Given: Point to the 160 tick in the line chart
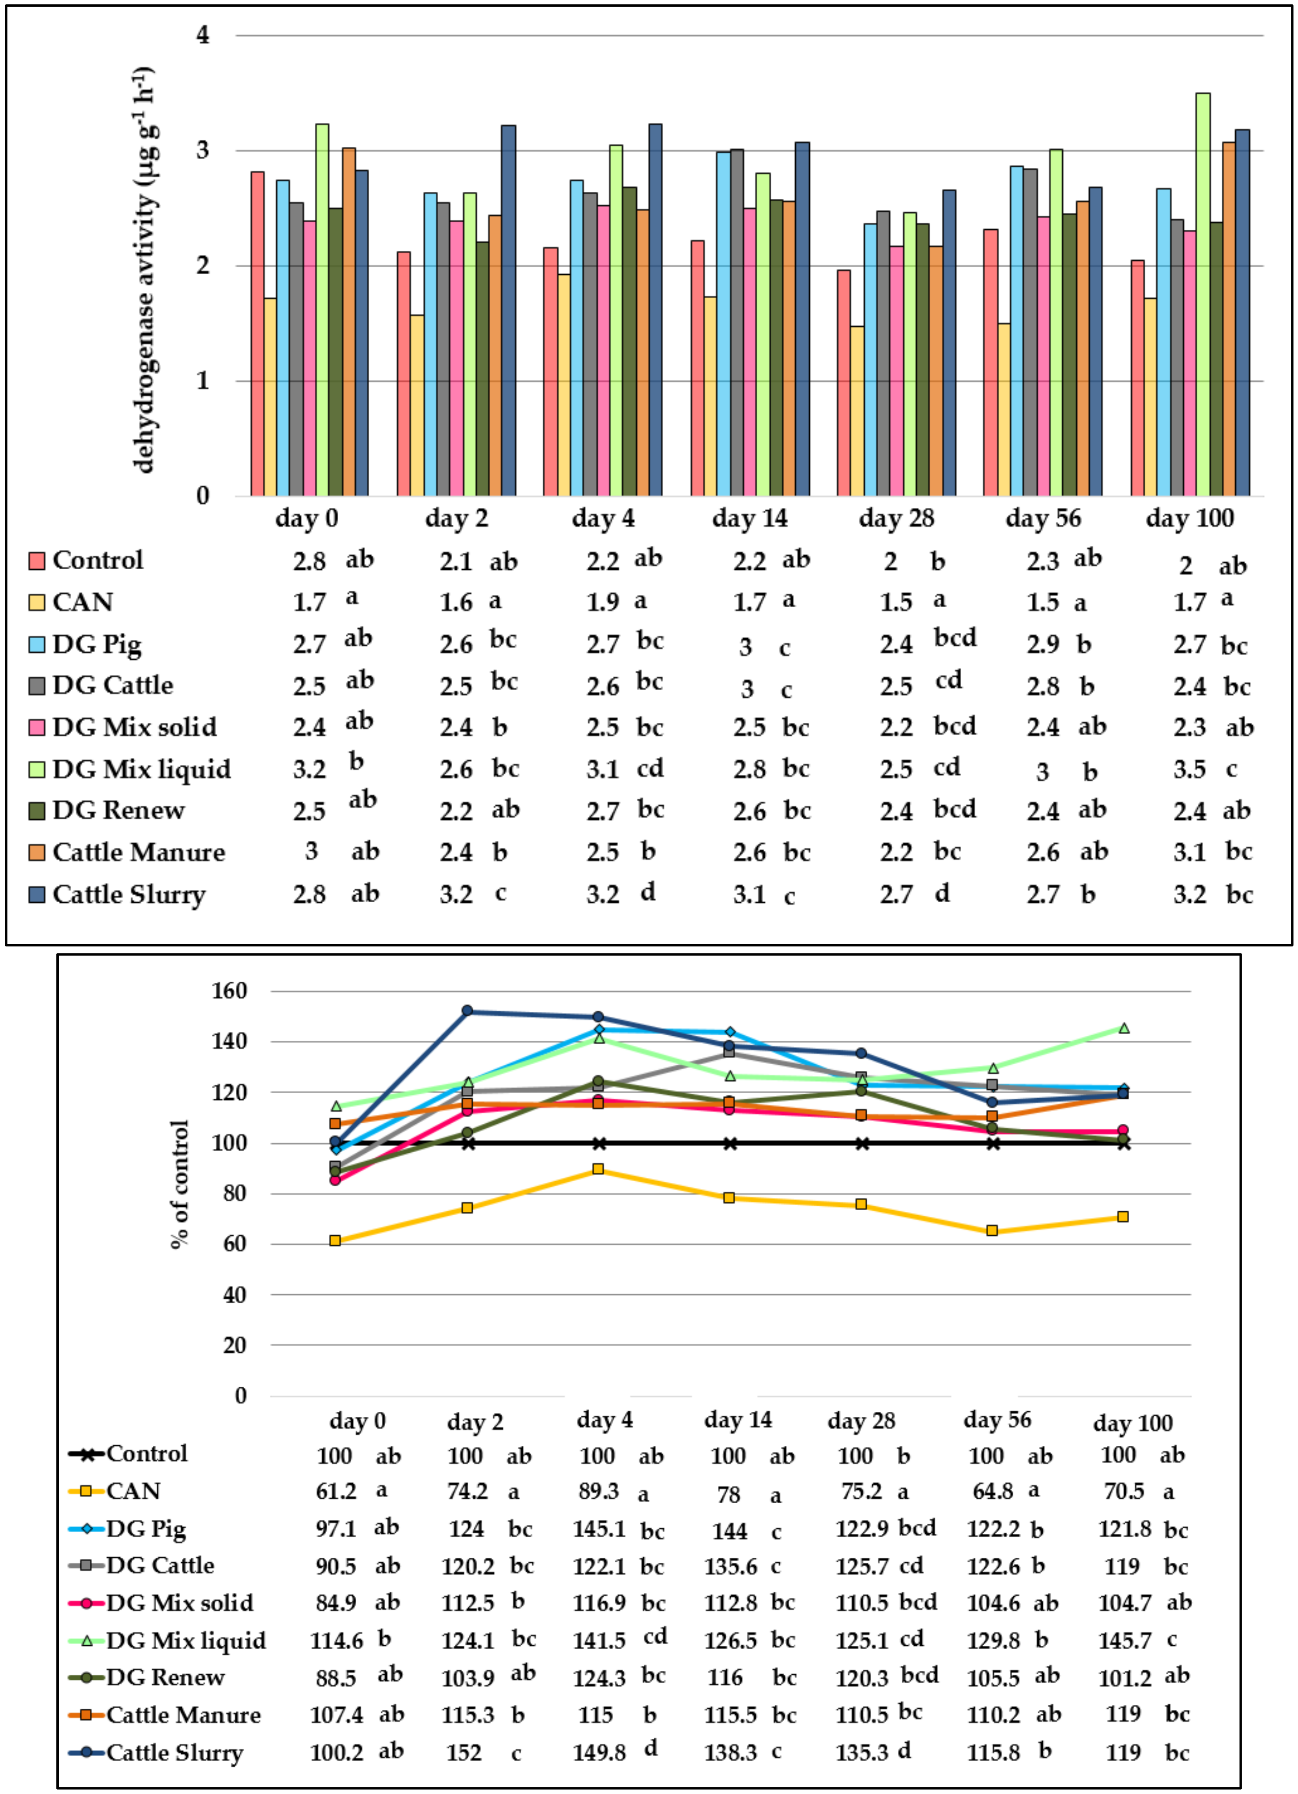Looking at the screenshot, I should click(229, 990).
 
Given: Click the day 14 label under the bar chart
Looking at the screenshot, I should click(749, 519).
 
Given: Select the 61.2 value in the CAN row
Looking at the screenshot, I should click(336, 1491).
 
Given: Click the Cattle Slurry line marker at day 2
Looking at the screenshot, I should click(467, 1011).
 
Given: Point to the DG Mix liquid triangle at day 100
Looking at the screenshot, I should click(1124, 1028).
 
